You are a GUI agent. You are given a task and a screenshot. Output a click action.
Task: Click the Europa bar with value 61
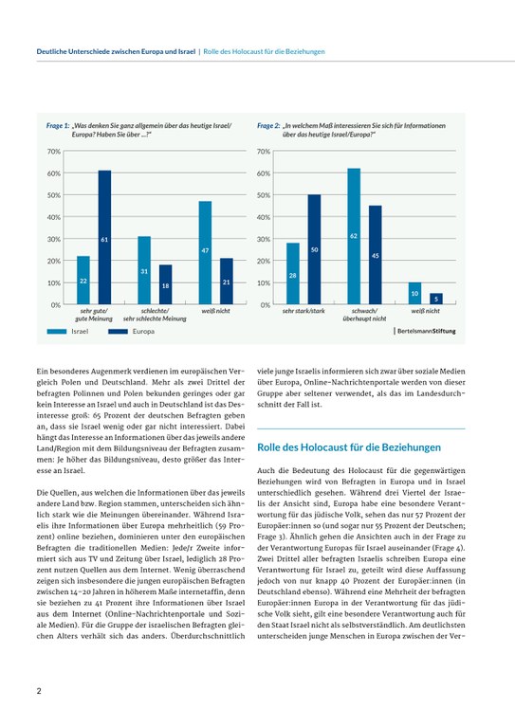[104, 238]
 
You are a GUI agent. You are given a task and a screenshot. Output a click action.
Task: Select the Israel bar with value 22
[83, 281]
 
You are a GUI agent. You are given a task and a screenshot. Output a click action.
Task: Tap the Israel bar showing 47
[205, 253]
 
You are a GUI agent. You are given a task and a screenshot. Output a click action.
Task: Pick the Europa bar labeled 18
[165, 284]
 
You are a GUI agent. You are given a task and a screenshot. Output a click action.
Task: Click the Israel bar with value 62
[354, 236]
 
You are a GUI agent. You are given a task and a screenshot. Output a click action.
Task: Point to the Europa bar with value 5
[435, 299]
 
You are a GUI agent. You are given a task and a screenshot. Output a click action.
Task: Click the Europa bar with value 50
[314, 249]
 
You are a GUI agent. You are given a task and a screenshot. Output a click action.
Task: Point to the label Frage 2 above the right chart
[267, 125]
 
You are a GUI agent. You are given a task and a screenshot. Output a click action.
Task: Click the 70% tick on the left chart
[53, 152]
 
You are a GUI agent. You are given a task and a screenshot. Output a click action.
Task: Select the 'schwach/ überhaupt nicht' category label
[364, 315]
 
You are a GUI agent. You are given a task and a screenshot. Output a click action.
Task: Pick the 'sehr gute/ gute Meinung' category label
[93, 315]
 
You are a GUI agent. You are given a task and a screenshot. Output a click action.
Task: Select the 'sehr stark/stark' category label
[303, 311]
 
